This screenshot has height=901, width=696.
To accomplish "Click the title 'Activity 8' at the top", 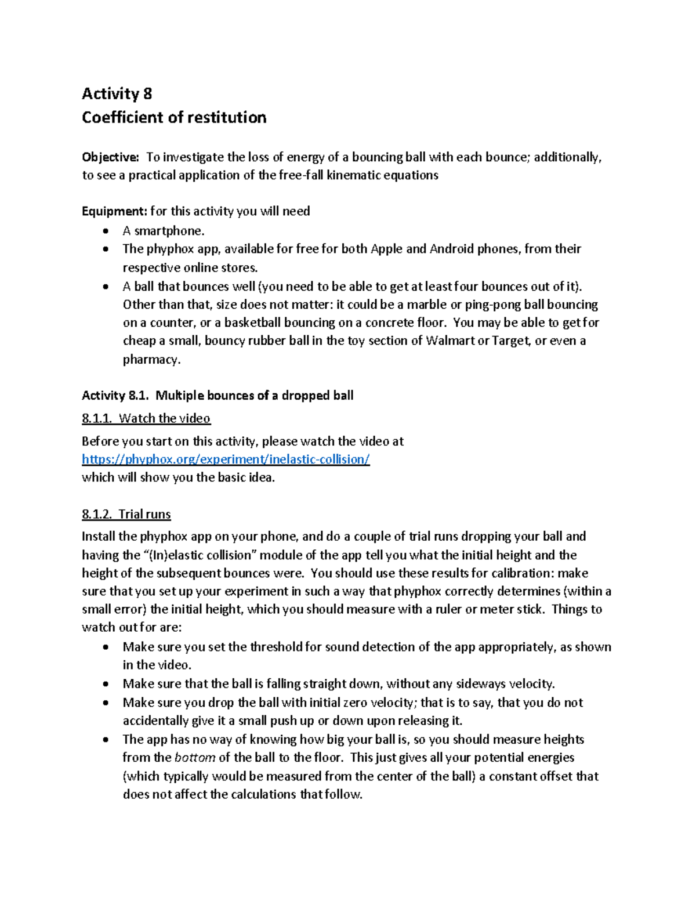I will (117, 93).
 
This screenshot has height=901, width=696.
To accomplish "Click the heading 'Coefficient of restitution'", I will (174, 117).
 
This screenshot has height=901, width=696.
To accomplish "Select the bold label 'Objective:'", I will (110, 157).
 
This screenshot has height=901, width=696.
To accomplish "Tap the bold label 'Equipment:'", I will (114, 211).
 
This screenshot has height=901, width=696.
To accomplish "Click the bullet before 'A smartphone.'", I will (105, 231).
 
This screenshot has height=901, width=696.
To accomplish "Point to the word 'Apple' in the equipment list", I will (386, 249).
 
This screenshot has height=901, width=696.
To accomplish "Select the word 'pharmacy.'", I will (151, 360).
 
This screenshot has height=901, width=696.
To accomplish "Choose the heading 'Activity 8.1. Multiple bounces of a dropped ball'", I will (217, 396).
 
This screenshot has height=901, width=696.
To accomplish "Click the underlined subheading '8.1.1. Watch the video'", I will (146, 418).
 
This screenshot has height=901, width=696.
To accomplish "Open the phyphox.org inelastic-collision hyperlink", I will (226, 459).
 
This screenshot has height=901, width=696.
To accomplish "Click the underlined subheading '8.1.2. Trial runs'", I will (126, 514).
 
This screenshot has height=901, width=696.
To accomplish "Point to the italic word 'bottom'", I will (195, 758).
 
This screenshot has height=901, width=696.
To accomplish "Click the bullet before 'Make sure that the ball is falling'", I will (105, 684).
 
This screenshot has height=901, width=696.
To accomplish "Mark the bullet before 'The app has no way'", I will (105, 740).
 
